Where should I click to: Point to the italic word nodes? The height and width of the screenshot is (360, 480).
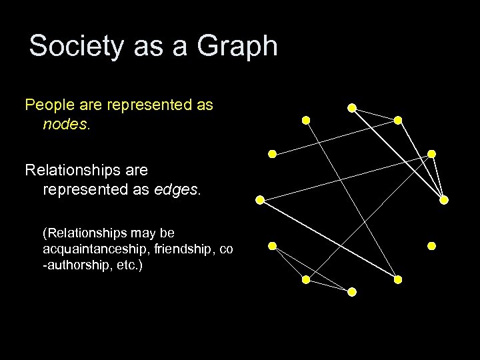pyautogui.click(x=64, y=124)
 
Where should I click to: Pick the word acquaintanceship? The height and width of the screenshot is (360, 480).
pyautogui.click(x=91, y=249)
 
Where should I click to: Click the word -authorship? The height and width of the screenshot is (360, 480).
pyautogui.click(x=75, y=265)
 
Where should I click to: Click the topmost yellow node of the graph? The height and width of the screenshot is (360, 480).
pyautogui.click(x=351, y=107)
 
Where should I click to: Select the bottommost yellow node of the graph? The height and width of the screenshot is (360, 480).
pyautogui.click(x=352, y=292)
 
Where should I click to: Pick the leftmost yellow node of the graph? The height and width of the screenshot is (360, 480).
pyautogui.click(x=259, y=199)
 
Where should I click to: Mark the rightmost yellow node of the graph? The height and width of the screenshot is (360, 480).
pyautogui.click(x=444, y=199)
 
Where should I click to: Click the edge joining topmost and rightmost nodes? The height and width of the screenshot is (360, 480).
pyautogui.click(x=397, y=153)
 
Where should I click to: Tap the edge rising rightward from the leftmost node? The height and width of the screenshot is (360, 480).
pyautogui.click(x=345, y=177)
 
